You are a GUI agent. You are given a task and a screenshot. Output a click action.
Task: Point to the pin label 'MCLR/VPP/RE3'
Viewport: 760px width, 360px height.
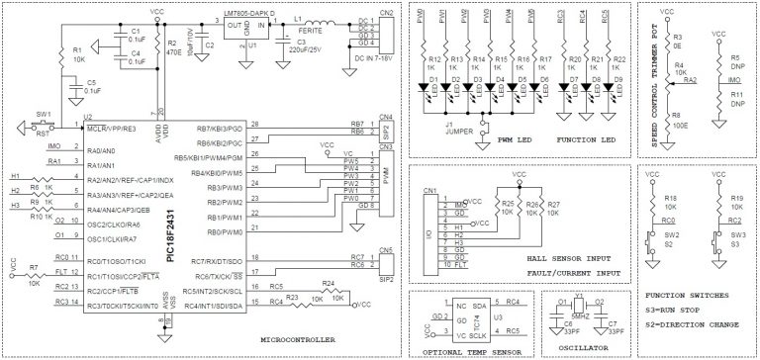click(x=112, y=128)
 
